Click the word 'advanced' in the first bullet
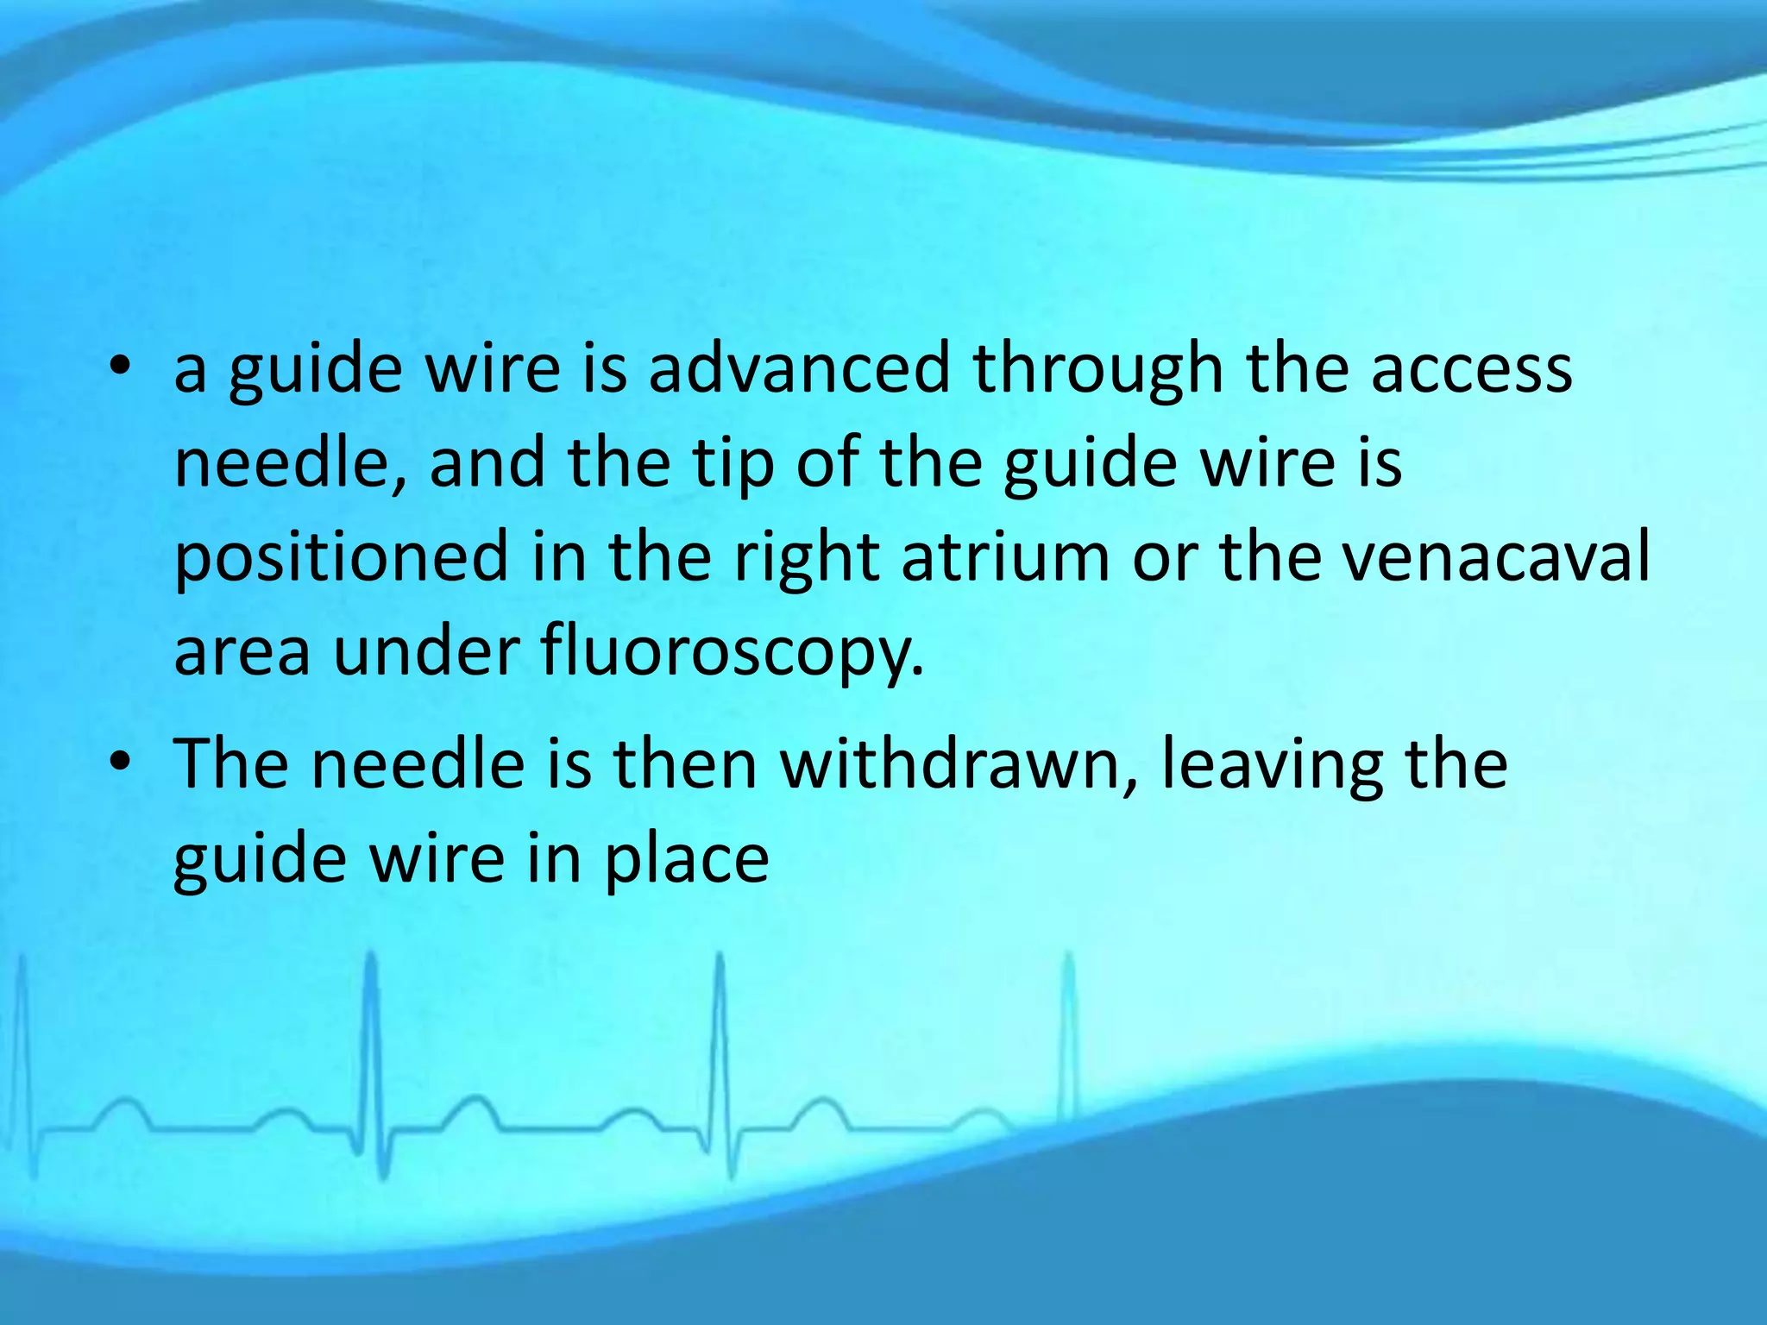tap(798, 369)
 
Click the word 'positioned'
tap(342, 559)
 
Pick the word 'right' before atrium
tap(806, 559)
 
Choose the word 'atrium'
tap(1006, 557)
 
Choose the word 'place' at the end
tap(686, 861)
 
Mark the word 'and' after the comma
tap(487, 464)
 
